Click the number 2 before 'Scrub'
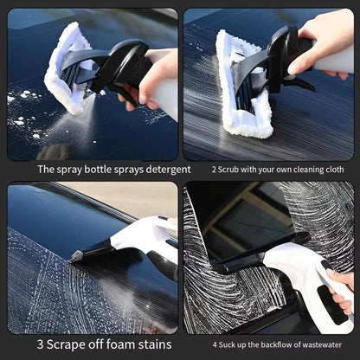coord(214,169)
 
